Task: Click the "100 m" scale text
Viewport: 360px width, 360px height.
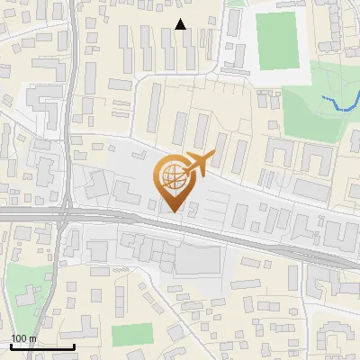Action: [x=23, y=338]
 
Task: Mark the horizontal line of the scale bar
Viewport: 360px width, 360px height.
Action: [x=42, y=346]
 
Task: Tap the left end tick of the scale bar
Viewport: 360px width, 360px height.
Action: [x=12, y=345]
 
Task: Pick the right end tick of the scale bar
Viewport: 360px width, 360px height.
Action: [x=74, y=345]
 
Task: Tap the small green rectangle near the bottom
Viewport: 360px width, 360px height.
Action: [x=132, y=334]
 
